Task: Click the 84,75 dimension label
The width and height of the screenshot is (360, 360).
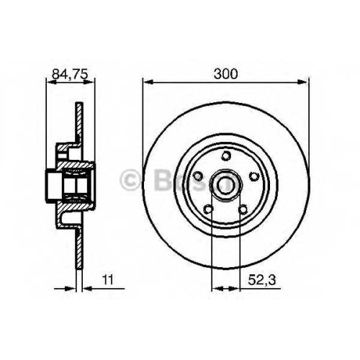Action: click(70, 74)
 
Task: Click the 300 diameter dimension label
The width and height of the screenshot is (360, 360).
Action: click(225, 73)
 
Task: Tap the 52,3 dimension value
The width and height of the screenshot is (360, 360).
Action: click(262, 280)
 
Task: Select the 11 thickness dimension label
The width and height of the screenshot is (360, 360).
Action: click(108, 280)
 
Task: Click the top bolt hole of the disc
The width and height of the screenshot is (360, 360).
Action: click(225, 156)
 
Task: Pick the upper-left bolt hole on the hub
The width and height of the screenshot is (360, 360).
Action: click(198, 176)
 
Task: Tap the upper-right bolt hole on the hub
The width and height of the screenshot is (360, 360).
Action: click(253, 176)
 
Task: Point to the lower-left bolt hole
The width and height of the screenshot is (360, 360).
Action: click(208, 210)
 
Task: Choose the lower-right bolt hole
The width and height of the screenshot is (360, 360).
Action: click(243, 210)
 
